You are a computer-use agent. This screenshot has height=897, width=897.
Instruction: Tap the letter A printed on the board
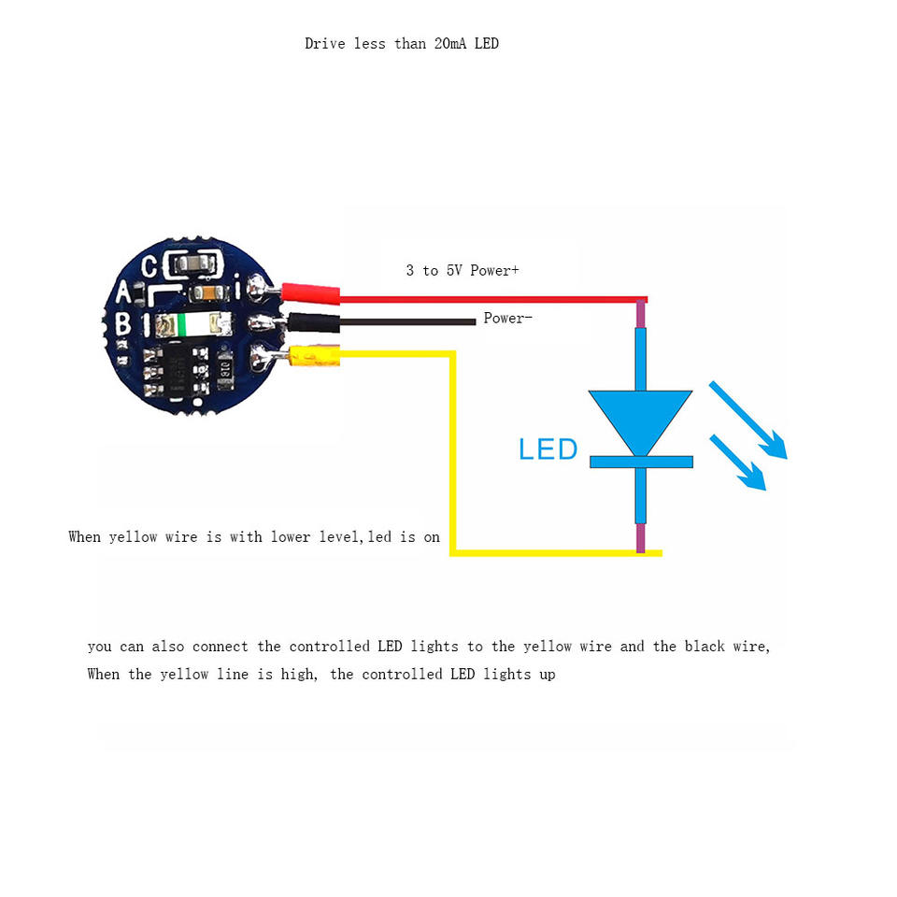pos(122,293)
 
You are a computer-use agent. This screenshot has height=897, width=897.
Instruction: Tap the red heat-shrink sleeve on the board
pos(309,294)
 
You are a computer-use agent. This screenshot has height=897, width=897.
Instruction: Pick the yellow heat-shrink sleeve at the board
pos(314,355)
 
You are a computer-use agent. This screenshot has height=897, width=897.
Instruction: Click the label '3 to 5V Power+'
pos(462,270)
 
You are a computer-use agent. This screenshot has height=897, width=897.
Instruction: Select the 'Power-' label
pos(507,319)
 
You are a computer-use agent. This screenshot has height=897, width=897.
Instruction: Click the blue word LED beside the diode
pos(548,449)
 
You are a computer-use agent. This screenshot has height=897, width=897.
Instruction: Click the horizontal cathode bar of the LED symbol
pos(641,462)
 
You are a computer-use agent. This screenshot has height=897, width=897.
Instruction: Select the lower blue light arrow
pos(738,462)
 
